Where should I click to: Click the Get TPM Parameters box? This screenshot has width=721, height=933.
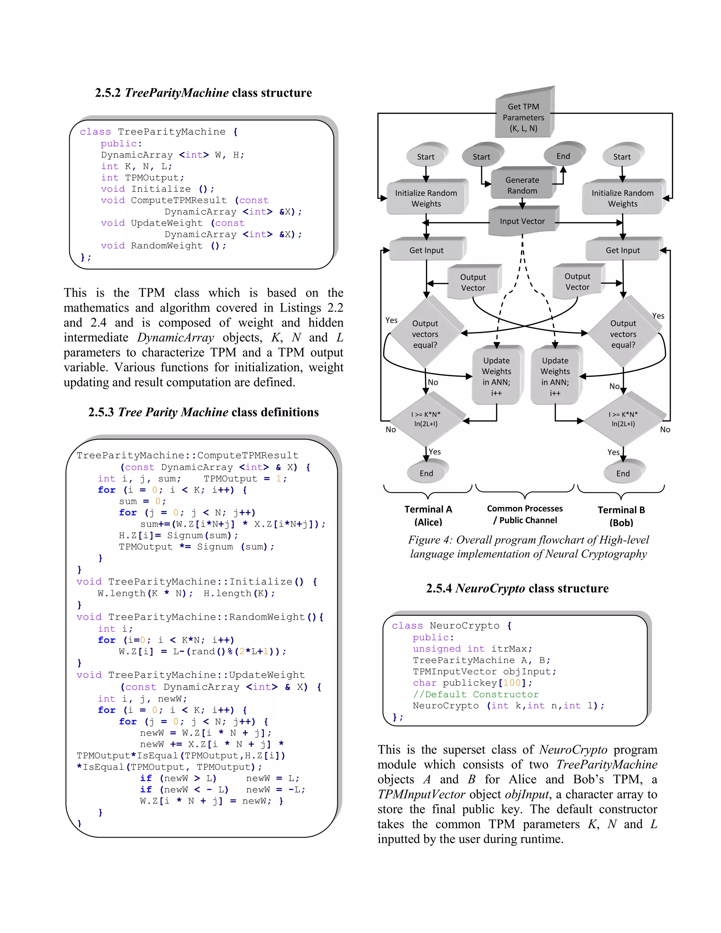coord(523,117)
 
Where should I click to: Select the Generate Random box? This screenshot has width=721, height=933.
coord(522,185)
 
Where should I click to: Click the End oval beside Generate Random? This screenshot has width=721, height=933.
coord(563,156)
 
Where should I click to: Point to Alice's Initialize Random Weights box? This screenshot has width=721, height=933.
coord(426,198)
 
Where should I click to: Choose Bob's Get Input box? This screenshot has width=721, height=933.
coord(622,250)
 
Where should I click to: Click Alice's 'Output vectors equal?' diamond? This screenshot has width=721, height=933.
coord(425,334)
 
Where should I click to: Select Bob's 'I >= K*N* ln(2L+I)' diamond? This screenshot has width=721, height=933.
coord(623,419)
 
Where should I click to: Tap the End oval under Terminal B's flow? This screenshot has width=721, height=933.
coord(623,473)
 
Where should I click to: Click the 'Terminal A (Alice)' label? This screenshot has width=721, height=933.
coord(428,516)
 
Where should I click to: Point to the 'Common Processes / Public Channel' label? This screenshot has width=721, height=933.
coord(525,514)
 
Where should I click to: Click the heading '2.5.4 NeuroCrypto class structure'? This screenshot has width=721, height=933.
coord(517,588)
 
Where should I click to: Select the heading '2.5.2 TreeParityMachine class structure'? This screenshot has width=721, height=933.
coord(203,93)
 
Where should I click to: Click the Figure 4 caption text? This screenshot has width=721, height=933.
coord(528,547)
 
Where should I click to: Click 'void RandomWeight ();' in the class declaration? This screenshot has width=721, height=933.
coord(164,246)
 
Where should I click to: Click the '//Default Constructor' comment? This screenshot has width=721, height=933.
coord(475,695)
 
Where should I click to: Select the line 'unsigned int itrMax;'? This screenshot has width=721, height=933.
coord(472,649)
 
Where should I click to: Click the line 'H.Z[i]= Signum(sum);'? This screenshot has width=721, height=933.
coord(178,535)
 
